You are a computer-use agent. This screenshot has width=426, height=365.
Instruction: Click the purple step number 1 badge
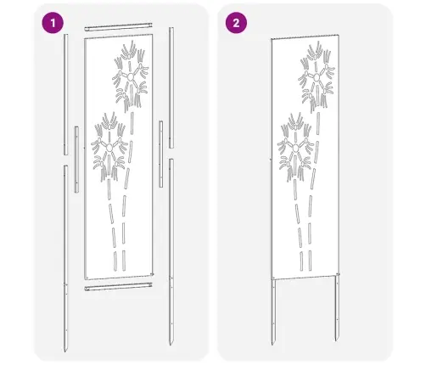pos(55,23)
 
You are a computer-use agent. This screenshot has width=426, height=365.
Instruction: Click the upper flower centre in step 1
pos(130,78)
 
